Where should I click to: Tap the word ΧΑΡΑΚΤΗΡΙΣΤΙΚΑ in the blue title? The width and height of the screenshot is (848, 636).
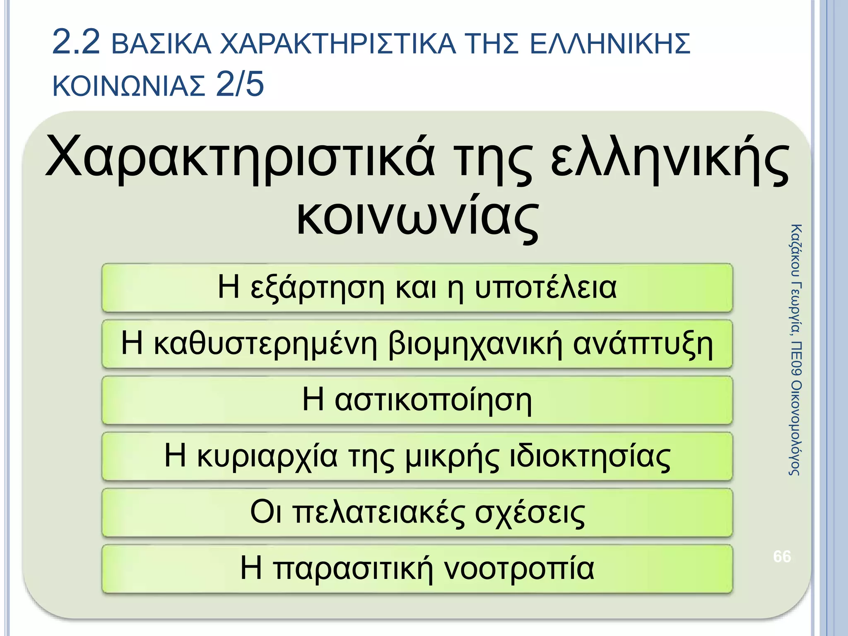tap(337, 44)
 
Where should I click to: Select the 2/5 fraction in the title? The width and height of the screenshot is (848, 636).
tap(240, 84)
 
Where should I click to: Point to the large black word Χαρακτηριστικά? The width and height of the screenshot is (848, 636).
tap(240, 159)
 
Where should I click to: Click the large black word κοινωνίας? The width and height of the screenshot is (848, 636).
tap(417, 217)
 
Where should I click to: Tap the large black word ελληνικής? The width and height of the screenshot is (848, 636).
tap(670, 159)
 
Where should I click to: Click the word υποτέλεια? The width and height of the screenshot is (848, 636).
tap(545, 287)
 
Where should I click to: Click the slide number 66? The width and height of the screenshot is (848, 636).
tap(782, 556)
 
